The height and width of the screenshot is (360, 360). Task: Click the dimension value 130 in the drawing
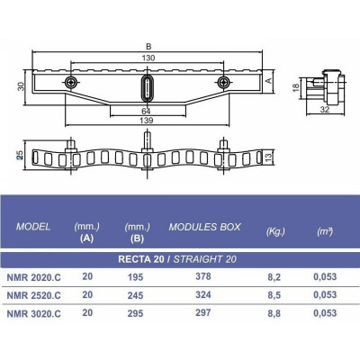coord(148,58)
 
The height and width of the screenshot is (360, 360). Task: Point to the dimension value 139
coord(147,121)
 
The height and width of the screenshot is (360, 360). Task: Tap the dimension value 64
coord(146,112)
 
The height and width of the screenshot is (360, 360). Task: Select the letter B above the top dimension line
coord(148,47)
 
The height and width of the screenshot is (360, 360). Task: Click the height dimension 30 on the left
coord(20,87)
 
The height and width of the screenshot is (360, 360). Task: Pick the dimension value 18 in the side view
coord(296,87)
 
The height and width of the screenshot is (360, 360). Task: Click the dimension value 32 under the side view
coord(325,110)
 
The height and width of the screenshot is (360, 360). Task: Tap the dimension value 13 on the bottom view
coord(268,156)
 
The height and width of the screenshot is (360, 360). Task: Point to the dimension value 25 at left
coord(20,155)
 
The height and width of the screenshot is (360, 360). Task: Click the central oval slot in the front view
coord(147,87)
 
